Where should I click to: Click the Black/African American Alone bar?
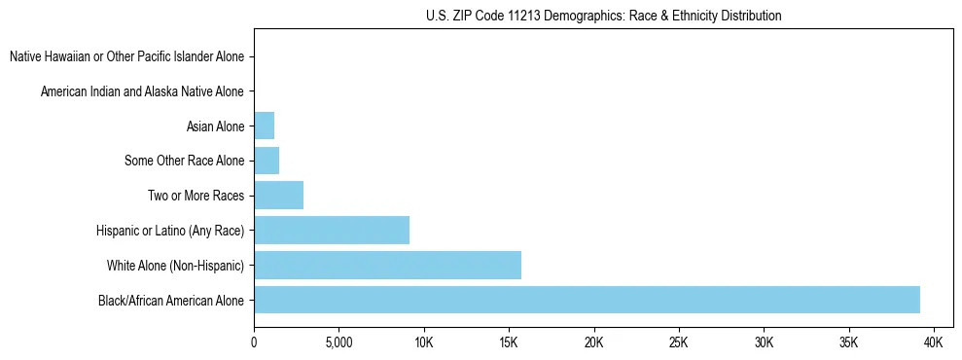(587, 300)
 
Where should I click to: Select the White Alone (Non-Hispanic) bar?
(387, 265)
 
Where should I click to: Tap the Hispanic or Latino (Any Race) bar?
(332, 230)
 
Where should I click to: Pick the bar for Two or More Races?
(278, 196)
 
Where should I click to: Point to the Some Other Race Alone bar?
(267, 161)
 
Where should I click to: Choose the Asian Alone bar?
(264, 126)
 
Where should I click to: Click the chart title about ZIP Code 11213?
(603, 16)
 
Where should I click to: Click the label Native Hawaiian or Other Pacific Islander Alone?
(126, 56)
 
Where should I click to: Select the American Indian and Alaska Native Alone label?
(142, 91)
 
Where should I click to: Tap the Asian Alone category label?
(215, 126)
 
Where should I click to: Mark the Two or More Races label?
(196, 196)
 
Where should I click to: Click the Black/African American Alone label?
(171, 300)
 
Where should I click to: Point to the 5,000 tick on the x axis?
(338, 343)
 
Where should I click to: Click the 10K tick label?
(423, 343)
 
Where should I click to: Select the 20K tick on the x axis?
(593, 343)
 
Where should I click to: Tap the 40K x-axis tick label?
(933, 343)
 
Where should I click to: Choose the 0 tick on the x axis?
(254, 343)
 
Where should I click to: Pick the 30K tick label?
(764, 343)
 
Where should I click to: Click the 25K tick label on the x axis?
(678, 343)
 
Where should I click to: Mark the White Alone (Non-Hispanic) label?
(175, 265)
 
